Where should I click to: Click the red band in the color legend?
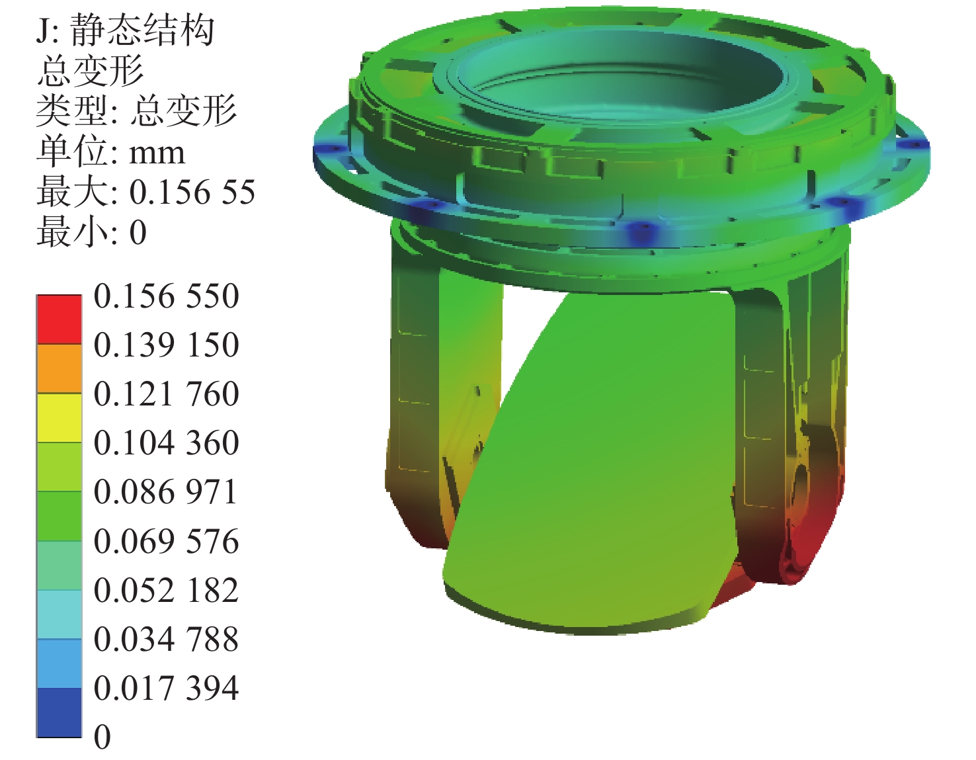point(59,319)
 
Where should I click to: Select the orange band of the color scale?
point(59,369)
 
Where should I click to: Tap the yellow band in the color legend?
point(59,418)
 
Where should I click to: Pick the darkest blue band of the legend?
point(59,712)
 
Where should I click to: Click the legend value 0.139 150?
point(166,345)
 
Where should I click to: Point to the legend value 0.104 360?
point(166,443)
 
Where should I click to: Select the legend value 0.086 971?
point(166,492)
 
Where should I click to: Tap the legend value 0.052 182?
point(166,590)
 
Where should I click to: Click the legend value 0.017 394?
point(166,688)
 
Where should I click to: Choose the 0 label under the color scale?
point(102,737)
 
